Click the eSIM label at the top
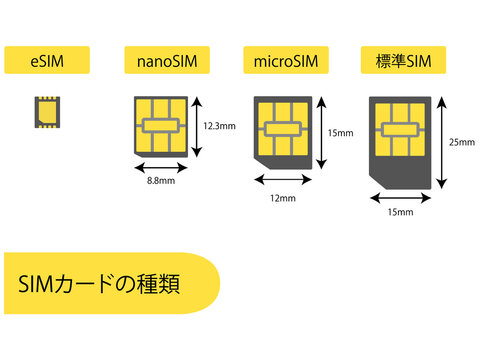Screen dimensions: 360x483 point(46,61)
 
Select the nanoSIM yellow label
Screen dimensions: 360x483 point(167,61)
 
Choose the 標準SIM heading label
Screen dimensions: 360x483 point(404,61)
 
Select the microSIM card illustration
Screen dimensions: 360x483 point(285,131)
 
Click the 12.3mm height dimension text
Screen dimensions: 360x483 point(218,126)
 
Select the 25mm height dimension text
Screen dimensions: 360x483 point(462,141)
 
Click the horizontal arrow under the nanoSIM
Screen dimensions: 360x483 point(160,169)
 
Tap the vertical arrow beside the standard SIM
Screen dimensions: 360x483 point(440,143)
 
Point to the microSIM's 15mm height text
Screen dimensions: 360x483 point(340,132)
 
